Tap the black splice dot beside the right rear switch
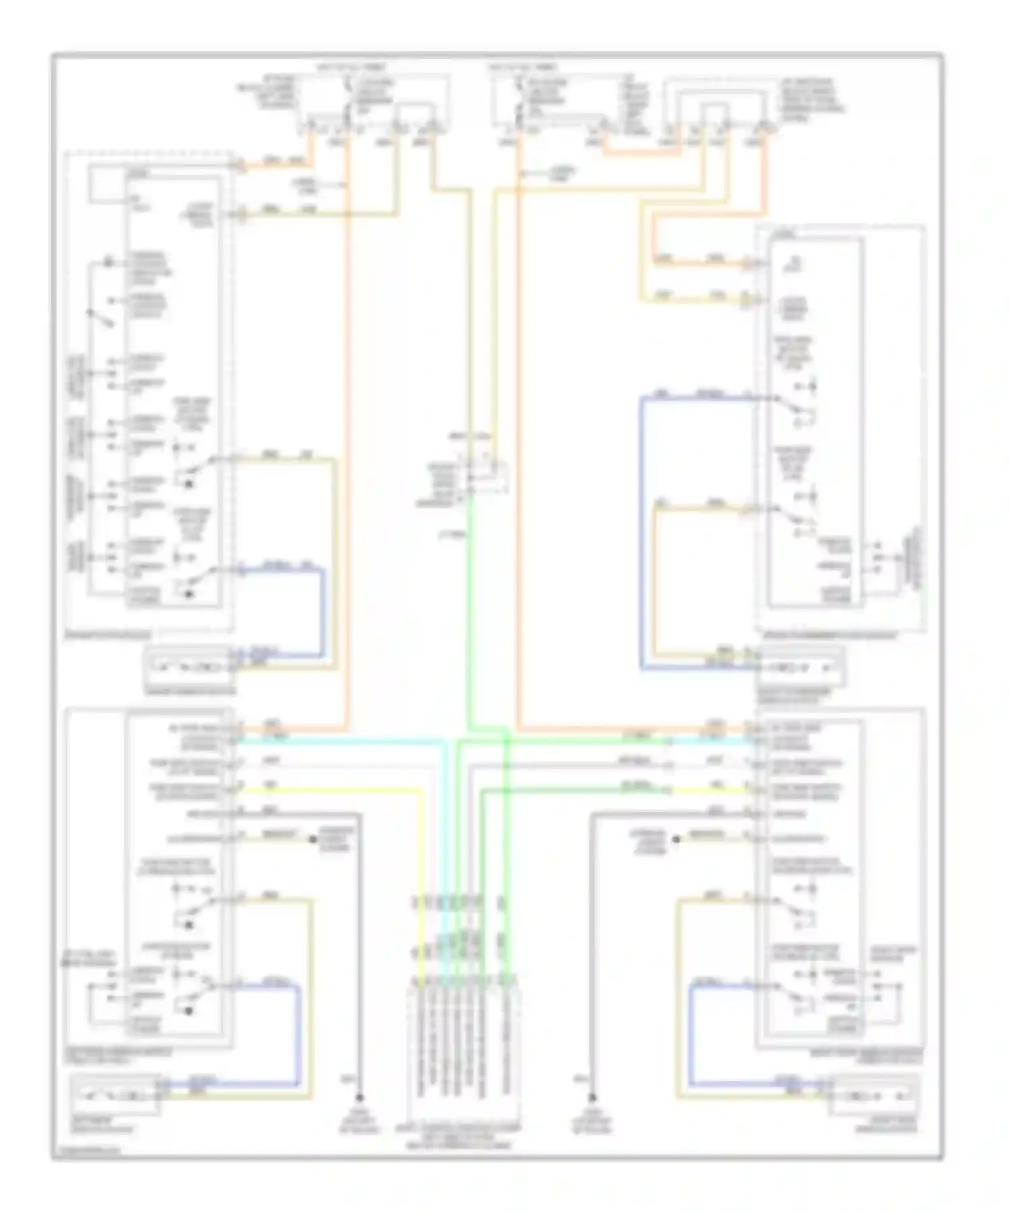pos(676,839)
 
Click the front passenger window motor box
pos(800,667)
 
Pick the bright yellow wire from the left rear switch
pos(336,791)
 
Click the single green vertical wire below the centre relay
pos(468,605)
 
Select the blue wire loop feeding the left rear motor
pos(297,1035)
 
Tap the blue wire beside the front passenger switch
pos(642,538)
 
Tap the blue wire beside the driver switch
pos(323,612)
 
